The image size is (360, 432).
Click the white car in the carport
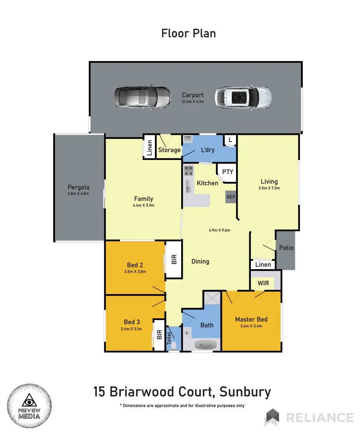pos(244,97)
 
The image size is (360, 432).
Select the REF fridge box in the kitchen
pos(231,197)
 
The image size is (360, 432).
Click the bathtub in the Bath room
pos(206,344)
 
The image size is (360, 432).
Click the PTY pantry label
pos(228,172)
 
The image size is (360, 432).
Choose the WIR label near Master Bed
pos(263,283)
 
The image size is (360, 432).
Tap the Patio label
pos(286,248)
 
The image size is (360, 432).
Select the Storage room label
pos(169,150)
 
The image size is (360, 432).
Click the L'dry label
pos(208,150)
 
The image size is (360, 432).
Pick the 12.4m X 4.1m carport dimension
pos(193,102)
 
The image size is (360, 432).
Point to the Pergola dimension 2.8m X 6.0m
pos(78,194)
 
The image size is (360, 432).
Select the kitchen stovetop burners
pos(188,171)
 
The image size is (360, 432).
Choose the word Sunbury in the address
pos(245,392)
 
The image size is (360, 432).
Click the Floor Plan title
pos(188,33)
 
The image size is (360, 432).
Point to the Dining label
pos(200,262)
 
